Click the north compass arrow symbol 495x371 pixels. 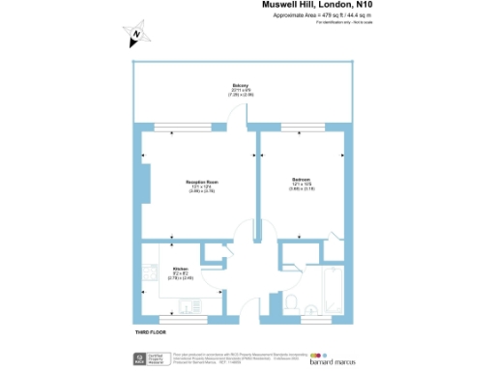[x=137, y=36]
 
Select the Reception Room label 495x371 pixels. [x=201, y=184]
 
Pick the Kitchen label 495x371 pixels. [x=181, y=271]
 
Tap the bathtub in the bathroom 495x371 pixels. [x=334, y=290]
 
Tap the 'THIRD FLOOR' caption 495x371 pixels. [x=153, y=332]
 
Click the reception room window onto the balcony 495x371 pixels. [x=175, y=126]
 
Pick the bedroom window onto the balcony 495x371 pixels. [x=301, y=126]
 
